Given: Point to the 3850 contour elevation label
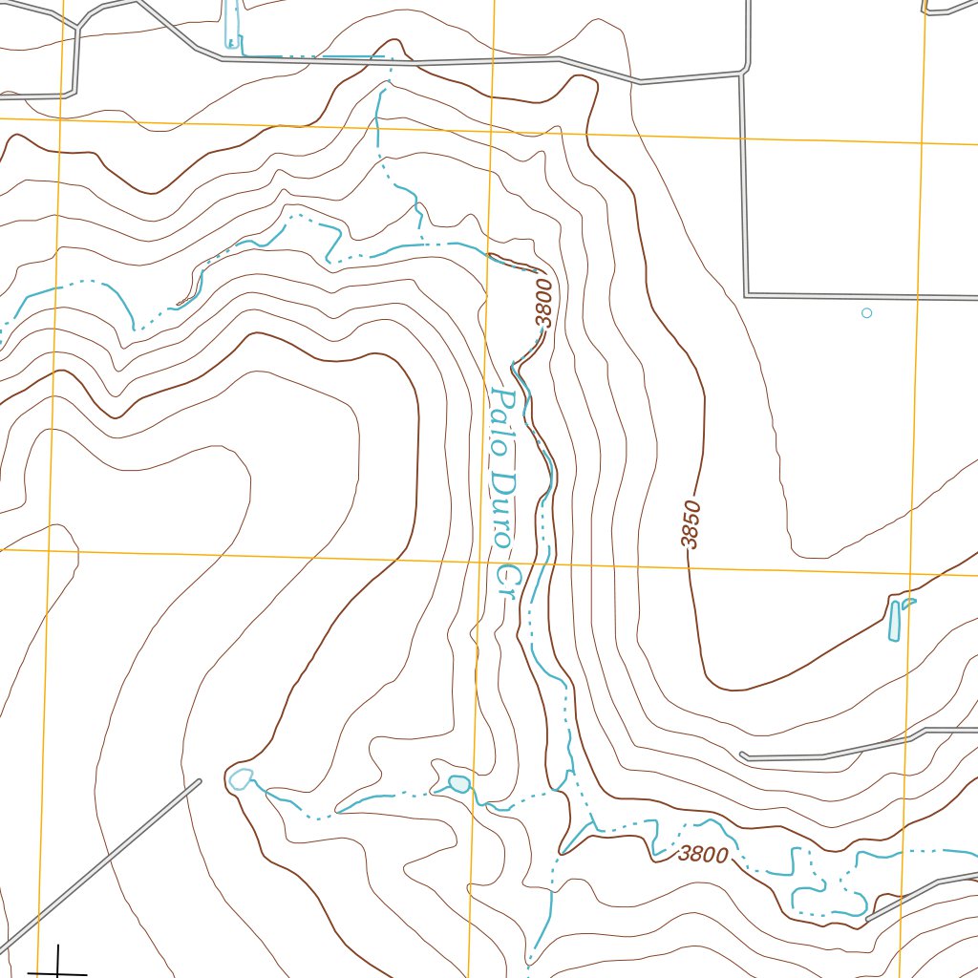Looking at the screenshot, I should tap(691, 525).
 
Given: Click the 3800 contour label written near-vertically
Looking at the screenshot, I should tap(543, 302).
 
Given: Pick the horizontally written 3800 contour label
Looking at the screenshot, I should tap(703, 855).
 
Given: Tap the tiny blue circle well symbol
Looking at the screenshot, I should tap(866, 312).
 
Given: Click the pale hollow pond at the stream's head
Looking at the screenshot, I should tap(241, 778).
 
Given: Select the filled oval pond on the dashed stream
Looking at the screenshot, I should tap(459, 784).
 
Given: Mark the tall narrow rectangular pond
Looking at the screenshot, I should tap(894, 621).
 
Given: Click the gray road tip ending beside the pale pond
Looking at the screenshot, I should tap(199, 782).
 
